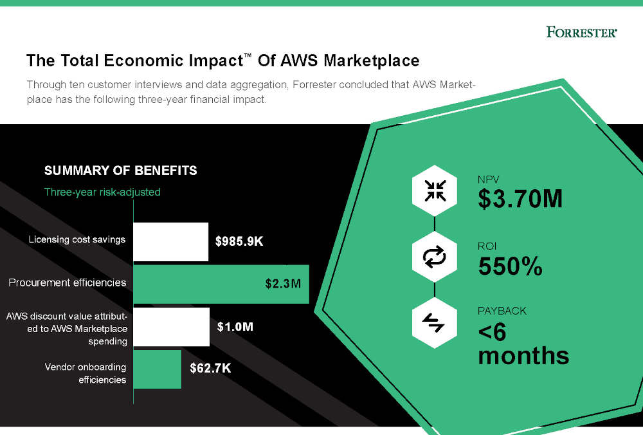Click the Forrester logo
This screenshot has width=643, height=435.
[581, 32]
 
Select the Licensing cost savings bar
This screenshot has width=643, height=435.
[170, 241]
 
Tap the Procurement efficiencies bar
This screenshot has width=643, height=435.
[221, 284]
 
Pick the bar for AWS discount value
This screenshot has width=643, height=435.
[171, 327]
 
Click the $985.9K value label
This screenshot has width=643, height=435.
[239, 242]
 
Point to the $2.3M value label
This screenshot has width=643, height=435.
[283, 284]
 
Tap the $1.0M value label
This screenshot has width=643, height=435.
[235, 327]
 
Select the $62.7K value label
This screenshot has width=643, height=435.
[210, 369]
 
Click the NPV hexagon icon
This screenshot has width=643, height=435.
[435, 190]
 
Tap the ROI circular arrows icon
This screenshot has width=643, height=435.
[435, 257]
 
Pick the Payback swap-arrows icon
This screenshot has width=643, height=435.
[435, 324]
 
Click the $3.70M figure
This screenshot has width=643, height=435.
[520, 199]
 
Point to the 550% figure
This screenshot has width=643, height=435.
[511, 266]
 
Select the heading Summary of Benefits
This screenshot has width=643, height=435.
[120, 171]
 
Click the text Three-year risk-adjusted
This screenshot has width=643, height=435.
[102, 192]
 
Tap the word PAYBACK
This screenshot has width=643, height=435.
[502, 311]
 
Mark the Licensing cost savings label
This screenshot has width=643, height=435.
[77, 240]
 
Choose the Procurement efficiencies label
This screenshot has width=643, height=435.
[68, 282]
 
